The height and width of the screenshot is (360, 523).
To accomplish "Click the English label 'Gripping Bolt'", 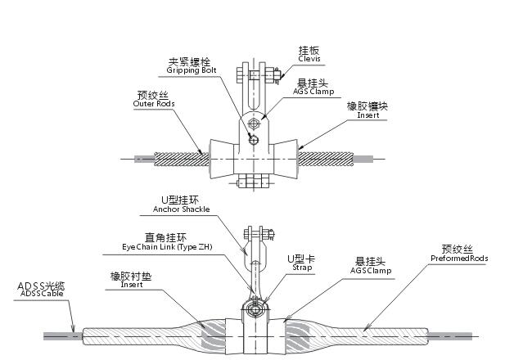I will tap(190, 70).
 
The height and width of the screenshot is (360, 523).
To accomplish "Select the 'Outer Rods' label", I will tap(154, 104).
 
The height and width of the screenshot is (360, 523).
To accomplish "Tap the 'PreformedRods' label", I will tap(459, 259).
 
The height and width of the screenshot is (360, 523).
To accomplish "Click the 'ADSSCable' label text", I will tap(40, 295).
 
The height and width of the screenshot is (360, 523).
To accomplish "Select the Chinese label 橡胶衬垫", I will tap(131, 276).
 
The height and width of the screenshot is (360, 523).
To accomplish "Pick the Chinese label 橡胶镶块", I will tap(367, 107).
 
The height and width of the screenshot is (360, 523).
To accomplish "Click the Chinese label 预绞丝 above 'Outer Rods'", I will tap(152, 95).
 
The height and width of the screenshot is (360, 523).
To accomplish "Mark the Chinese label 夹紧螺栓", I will tap(189, 61).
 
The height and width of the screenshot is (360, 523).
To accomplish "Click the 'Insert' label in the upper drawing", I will tap(367, 116).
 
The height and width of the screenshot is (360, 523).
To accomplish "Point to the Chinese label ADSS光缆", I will tap(42, 286).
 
